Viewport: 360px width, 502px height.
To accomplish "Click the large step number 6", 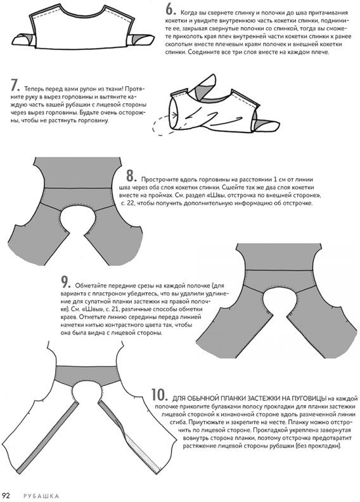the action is coord(170,10).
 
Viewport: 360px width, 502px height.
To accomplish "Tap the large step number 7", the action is coord(15,86).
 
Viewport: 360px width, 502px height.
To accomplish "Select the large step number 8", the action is coord(131,176).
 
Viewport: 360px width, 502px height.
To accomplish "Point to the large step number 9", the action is coord(65,283).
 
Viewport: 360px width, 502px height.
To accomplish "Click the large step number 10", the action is coord(160,396).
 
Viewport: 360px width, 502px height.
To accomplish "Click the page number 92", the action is coord(6,496).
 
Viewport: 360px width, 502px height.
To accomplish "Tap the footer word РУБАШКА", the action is coord(41,496).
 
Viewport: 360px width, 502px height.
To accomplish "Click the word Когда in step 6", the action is coord(188,13).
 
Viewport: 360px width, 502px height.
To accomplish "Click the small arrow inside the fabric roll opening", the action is coord(175,114).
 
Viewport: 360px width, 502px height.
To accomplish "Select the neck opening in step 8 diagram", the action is coord(76,219).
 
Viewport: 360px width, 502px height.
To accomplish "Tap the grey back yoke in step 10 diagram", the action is coord(86,374).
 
